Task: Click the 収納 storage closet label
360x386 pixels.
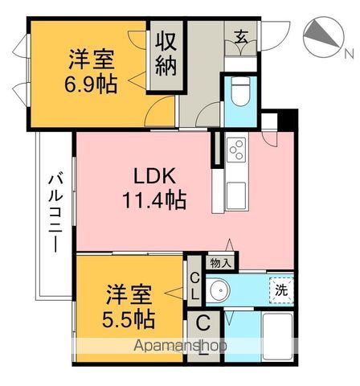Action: click(x=166, y=51)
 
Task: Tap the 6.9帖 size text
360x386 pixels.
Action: click(x=91, y=83)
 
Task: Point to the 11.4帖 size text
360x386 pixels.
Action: click(x=155, y=199)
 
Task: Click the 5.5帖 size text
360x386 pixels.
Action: click(x=129, y=318)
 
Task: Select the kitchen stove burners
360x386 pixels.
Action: click(x=236, y=150)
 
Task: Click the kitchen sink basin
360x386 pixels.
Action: click(x=237, y=194)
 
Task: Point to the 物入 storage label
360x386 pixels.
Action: click(x=220, y=261)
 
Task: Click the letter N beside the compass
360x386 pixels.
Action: click(x=348, y=53)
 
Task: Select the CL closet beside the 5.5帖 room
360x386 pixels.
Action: click(x=194, y=286)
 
